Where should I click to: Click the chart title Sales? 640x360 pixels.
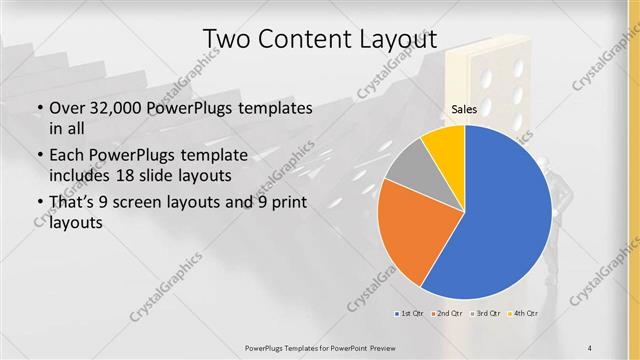pyautogui.click(x=464, y=108)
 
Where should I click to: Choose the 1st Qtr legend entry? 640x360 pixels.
pyautogui.click(x=409, y=314)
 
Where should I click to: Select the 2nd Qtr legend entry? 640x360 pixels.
pyautogui.click(x=447, y=314)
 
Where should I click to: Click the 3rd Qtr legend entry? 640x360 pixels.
pyautogui.click(x=486, y=314)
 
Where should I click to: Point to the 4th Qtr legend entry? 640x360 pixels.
pyautogui.click(x=524, y=314)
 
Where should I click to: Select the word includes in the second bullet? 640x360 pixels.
pyautogui.click(x=80, y=175)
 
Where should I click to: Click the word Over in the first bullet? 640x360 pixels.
pyautogui.click(x=66, y=108)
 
